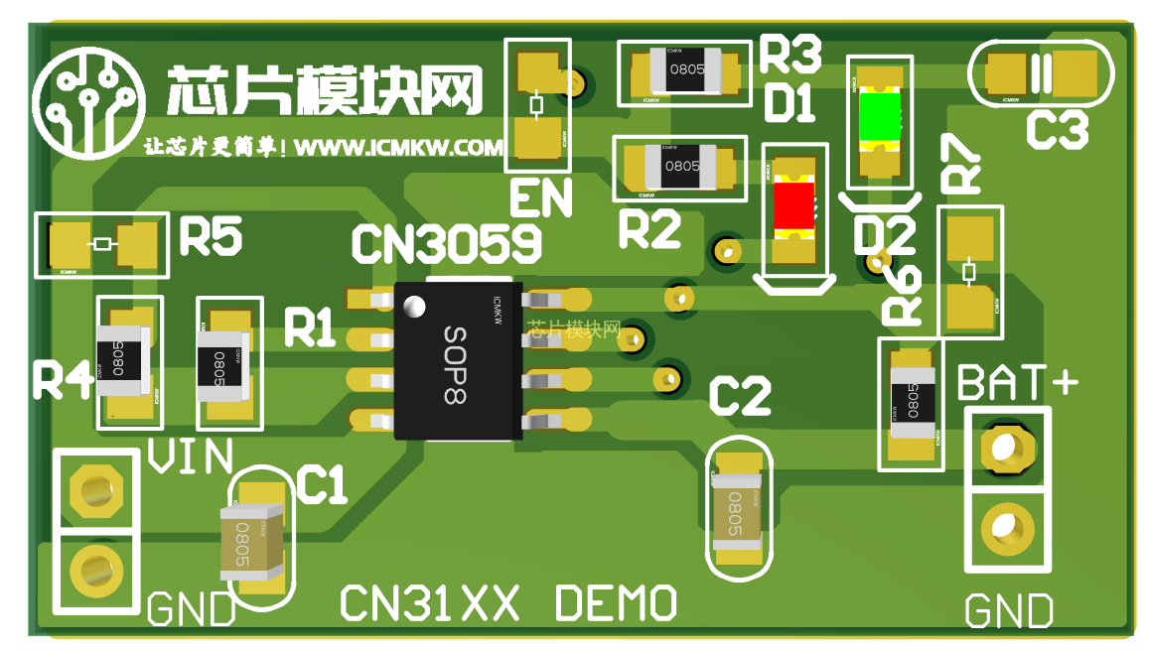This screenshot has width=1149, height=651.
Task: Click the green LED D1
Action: (x=878, y=118)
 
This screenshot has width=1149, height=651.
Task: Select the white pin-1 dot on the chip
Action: (x=414, y=307)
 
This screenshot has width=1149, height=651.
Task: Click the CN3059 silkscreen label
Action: (x=447, y=243)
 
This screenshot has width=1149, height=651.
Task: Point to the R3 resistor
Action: (x=684, y=71)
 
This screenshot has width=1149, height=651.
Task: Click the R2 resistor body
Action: (x=682, y=166)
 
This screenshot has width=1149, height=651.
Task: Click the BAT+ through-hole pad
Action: (x=1005, y=448)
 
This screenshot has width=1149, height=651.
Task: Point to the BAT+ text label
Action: (x=1017, y=382)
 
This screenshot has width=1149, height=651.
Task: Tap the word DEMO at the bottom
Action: (x=616, y=602)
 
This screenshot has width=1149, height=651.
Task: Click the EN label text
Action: (x=541, y=197)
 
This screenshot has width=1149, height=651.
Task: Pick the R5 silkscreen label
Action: (x=211, y=238)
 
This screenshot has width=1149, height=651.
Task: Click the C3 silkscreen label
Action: (x=1057, y=130)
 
